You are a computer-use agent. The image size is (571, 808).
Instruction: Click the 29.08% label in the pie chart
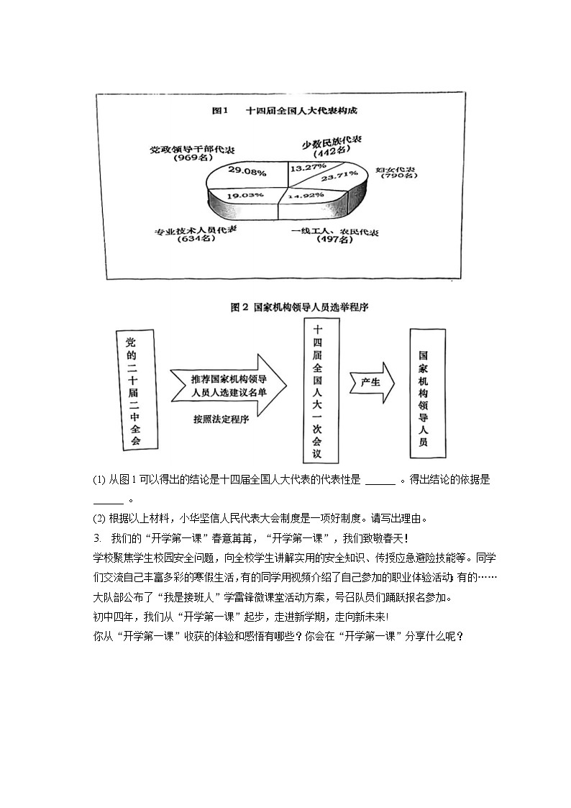[247, 172]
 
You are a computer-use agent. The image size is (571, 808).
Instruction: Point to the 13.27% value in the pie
[308, 168]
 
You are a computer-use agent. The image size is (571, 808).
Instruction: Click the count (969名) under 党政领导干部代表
[191, 158]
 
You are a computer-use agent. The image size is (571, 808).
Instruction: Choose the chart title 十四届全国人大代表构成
[301, 111]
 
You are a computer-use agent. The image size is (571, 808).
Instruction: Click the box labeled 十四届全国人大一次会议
[317, 393]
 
